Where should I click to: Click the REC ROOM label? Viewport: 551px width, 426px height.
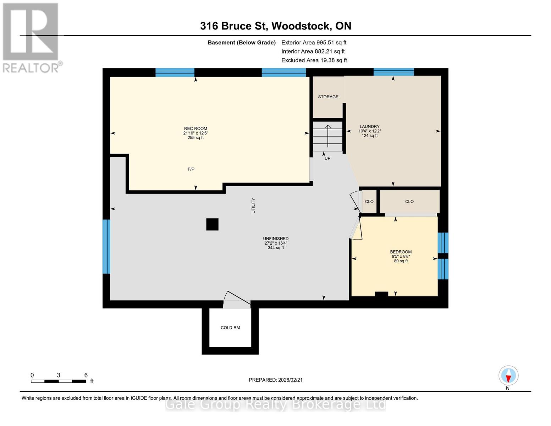195,129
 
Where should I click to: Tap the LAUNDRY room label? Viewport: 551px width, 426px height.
369,127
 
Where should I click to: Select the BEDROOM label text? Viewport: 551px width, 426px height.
401,252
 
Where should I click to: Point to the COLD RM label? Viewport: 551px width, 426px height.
230,328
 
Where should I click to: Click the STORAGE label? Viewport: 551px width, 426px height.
328,97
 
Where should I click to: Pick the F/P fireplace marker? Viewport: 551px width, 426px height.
191,169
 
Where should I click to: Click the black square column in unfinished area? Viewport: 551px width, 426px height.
212,224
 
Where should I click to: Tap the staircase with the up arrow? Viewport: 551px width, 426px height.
327,137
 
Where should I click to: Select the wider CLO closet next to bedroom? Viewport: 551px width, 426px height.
409,202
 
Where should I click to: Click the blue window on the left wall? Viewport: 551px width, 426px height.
106,246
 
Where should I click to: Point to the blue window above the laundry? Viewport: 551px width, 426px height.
393,72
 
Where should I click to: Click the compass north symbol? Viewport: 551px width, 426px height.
508,376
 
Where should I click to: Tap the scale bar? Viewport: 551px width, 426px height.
59,381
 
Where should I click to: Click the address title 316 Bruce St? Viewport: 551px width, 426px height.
275,26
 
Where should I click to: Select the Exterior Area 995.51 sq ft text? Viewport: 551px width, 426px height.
314,43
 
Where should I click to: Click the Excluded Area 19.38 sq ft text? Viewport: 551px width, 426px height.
314,60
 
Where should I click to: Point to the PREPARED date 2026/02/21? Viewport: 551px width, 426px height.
275,380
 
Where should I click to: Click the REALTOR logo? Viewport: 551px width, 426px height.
31,37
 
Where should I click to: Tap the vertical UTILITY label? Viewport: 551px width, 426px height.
253,206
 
